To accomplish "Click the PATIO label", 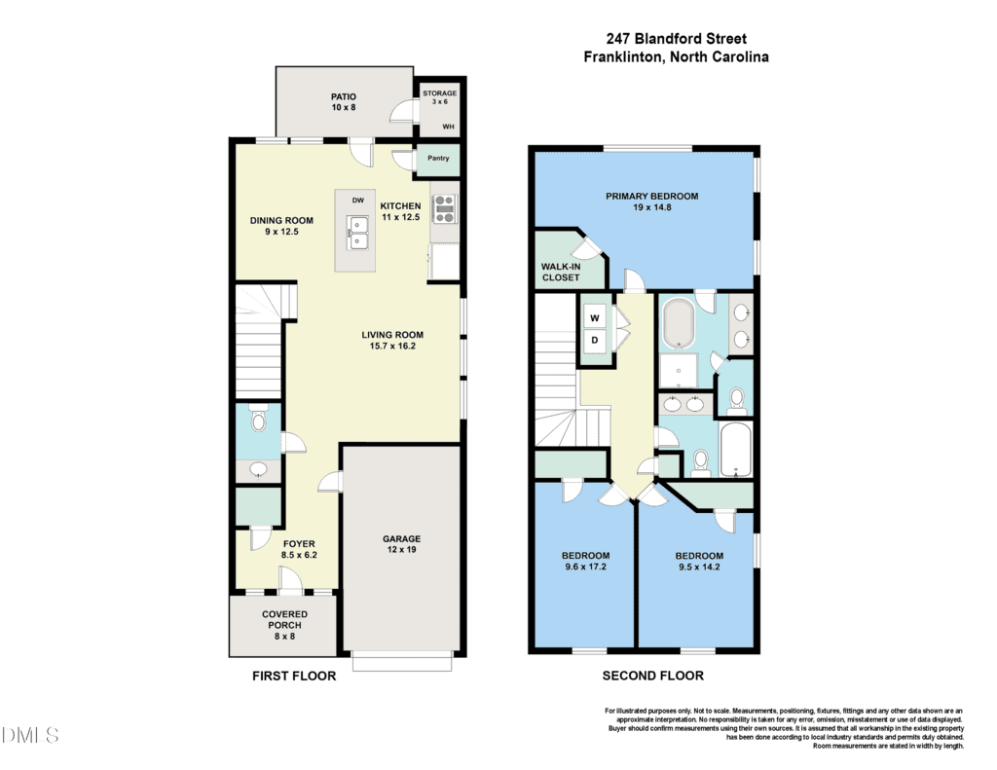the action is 344,96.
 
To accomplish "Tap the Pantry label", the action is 438,158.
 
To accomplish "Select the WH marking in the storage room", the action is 448,127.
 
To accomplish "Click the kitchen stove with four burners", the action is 444,209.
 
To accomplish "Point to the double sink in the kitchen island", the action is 357,234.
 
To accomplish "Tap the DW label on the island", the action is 358,201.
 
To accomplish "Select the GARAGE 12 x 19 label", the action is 402,543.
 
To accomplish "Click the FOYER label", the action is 299,543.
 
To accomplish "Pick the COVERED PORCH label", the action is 285,619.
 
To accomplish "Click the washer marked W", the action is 595,318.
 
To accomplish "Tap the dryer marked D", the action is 595,340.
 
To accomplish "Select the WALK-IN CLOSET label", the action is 561,273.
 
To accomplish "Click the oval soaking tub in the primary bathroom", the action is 679,323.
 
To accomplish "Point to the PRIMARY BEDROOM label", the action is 651,196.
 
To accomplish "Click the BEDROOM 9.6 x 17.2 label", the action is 585,561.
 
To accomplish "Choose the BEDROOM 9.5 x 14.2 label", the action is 699,561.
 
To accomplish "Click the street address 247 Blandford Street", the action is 677,38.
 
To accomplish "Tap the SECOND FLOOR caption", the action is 653,676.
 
